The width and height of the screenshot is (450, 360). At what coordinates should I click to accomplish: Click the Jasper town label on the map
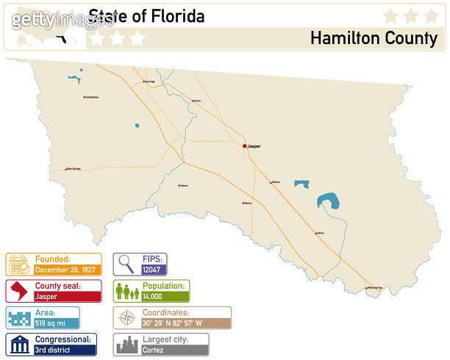(254, 146)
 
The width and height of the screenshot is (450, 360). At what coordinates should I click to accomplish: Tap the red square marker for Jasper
(245, 146)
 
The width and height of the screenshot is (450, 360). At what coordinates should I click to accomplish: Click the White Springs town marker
(367, 287)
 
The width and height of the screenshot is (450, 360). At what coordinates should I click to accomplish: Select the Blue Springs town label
(74, 168)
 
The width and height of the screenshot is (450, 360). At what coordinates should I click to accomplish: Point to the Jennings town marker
(143, 81)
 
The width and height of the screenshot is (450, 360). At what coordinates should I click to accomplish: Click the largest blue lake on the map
(328, 201)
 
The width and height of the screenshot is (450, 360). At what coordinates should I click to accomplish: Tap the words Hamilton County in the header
(374, 38)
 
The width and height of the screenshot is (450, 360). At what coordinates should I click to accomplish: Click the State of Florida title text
(146, 15)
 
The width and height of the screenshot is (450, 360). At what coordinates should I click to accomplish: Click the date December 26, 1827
(65, 270)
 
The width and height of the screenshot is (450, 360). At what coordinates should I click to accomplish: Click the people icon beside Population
(126, 292)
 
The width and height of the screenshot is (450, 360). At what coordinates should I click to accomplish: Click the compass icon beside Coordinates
(126, 318)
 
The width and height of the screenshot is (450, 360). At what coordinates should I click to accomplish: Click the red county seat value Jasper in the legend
(46, 296)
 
